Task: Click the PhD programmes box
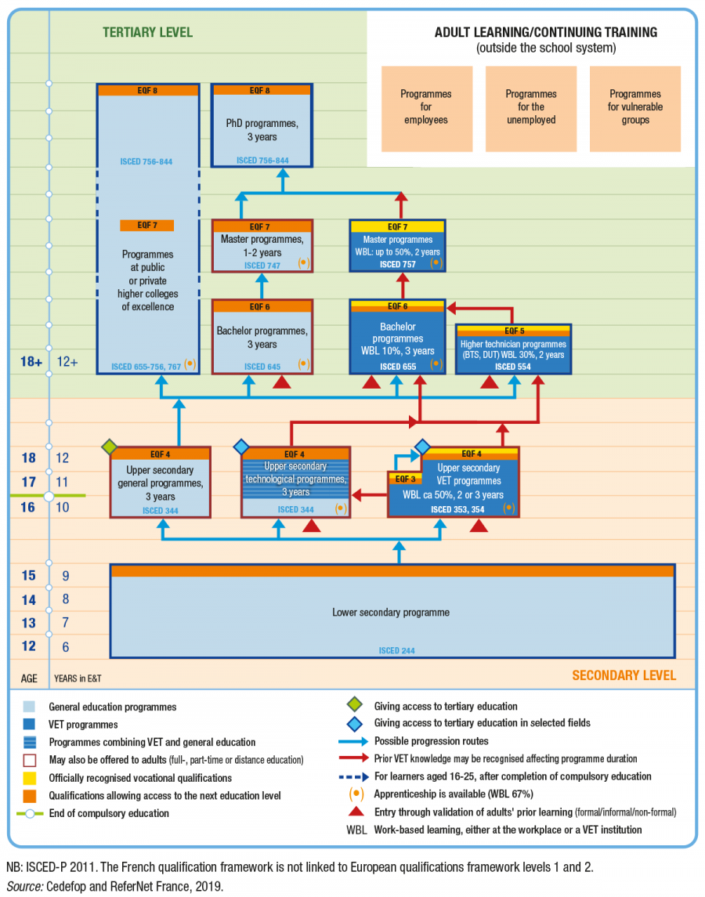262,125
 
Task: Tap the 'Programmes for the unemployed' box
530,107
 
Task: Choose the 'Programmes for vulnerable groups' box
634,107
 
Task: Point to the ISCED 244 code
396,650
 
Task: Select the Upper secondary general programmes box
160,483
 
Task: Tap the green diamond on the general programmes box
110,447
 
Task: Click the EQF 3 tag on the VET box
404,479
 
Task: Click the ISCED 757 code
396,264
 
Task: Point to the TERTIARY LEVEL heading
147,33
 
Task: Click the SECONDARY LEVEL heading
624,675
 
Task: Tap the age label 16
27,508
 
